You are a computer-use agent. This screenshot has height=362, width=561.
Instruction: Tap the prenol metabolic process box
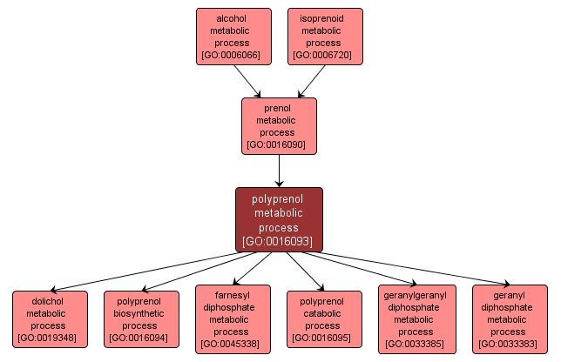(x=279, y=126)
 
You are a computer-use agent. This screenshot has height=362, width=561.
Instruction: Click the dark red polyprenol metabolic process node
(x=279, y=219)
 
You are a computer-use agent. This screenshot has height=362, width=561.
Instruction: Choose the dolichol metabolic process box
(x=50, y=319)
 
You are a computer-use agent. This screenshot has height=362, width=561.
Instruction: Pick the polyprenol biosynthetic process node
(x=141, y=319)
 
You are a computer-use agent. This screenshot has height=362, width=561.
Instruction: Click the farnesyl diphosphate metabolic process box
(x=232, y=319)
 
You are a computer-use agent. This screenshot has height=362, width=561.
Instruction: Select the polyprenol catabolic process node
(x=324, y=319)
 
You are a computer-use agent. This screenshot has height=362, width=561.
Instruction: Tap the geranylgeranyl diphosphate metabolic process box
(x=416, y=319)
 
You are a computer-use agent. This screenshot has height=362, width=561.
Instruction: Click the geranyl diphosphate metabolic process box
(x=510, y=319)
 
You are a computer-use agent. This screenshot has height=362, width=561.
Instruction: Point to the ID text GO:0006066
(x=230, y=55)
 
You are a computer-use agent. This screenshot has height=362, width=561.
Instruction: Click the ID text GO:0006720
(x=324, y=55)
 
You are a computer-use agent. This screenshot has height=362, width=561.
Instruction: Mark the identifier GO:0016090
(x=279, y=144)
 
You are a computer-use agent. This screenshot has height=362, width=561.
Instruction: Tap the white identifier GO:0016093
(x=279, y=241)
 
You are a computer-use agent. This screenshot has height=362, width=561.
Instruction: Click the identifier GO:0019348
(x=50, y=337)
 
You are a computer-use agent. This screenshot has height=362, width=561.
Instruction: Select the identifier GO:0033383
(x=510, y=343)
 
